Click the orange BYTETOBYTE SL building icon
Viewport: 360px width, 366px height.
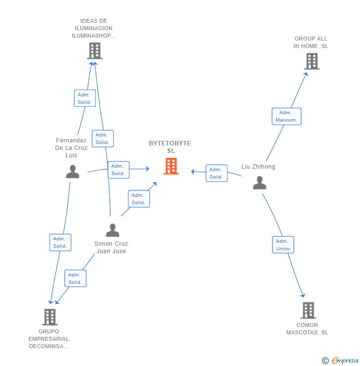171,166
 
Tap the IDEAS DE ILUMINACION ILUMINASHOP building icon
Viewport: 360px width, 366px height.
94,50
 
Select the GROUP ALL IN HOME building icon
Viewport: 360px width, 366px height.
312,61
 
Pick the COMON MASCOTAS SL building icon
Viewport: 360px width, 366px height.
308,310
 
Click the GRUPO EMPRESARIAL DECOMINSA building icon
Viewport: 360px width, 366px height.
49,317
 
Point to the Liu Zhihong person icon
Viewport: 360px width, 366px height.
260,183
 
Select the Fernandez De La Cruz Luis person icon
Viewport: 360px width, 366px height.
73,172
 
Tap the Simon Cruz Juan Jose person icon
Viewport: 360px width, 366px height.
113,230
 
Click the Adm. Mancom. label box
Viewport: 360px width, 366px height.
286,116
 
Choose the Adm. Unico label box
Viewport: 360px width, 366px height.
283,245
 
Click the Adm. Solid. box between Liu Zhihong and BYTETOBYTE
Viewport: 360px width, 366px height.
216,173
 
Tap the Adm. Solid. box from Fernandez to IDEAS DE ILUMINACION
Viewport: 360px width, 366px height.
85,98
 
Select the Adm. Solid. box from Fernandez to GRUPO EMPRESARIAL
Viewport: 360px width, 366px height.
60,242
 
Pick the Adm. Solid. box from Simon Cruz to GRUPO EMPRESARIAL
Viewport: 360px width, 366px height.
75,278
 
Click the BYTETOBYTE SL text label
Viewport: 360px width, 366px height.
170,147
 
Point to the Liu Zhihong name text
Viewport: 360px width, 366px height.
258,167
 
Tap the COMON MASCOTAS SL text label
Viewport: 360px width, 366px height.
307,329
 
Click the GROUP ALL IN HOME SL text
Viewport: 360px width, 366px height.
311,43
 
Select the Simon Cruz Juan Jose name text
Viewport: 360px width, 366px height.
111,247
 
